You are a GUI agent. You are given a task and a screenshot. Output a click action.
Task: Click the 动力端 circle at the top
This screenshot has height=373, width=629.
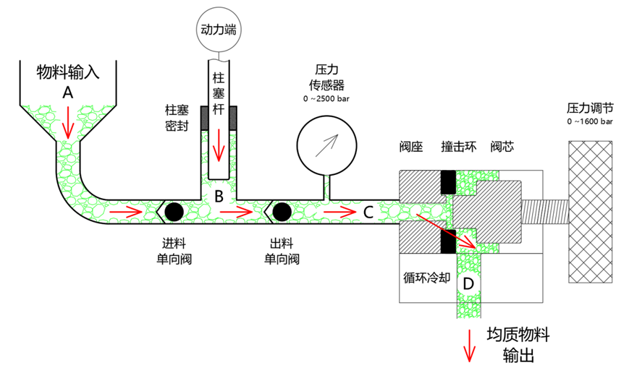coord(218,30)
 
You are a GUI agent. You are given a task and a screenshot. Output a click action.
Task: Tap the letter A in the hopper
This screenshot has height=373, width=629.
coord(68,93)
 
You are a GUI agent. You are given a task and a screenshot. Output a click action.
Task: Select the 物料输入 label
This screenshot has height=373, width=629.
coord(67,72)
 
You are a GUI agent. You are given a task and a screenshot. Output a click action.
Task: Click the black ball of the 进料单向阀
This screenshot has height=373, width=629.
coord(174,211)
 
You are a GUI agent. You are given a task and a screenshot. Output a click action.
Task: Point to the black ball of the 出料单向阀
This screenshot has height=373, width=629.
coord(282,211)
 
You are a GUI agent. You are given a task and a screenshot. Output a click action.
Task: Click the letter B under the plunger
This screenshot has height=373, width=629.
coord(218,194)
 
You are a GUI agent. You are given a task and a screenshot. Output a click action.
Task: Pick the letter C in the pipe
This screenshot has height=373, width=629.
coord(368,211)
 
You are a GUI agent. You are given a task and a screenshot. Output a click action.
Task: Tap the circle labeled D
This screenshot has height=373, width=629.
coord(468,284)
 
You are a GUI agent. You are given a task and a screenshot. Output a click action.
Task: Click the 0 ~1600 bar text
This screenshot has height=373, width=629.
coord(590,122)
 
